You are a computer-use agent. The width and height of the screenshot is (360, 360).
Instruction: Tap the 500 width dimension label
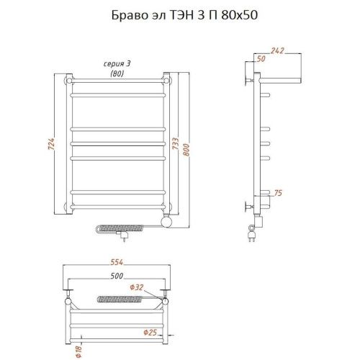tap(117, 276)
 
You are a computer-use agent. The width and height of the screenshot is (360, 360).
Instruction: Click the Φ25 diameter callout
tap(150, 332)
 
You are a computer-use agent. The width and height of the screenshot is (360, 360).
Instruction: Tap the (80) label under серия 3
tap(117, 73)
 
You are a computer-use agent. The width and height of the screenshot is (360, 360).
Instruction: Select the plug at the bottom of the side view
tap(253, 234)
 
